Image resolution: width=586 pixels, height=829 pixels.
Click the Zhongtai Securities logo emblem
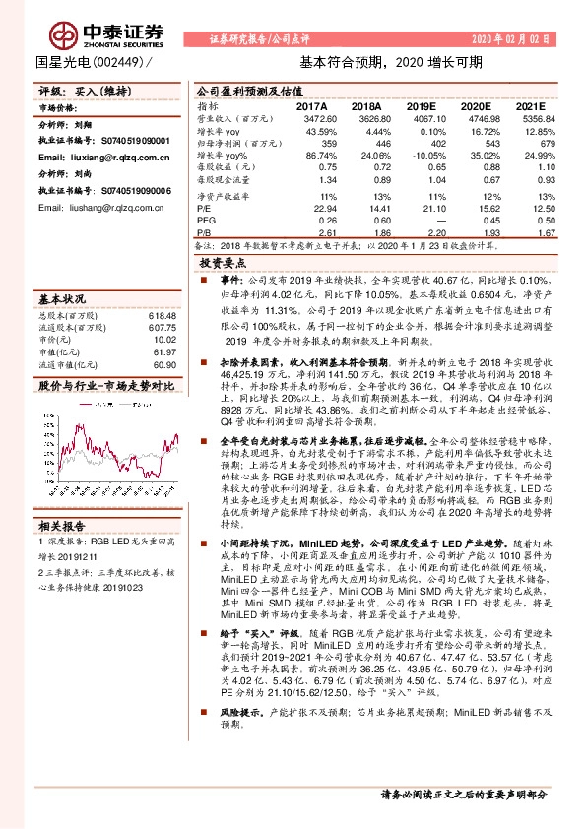[66, 33]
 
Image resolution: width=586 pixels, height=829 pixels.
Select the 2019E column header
[420, 105]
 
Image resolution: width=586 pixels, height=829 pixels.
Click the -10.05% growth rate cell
[420, 156]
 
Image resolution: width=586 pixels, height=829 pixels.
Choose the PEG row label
[206, 220]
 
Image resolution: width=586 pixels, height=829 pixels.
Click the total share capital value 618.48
[162, 315]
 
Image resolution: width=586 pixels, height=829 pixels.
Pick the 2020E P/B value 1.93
[475, 232]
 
